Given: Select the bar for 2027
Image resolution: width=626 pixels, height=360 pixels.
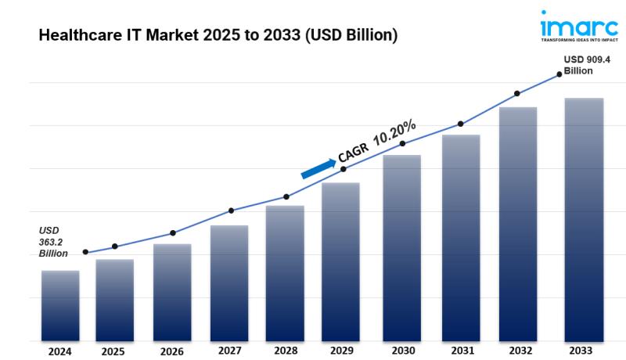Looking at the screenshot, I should tap(229, 283).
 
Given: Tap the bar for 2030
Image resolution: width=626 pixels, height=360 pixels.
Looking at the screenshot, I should tap(401, 248).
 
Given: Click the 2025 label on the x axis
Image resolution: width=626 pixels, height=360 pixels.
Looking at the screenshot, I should tap(113, 351).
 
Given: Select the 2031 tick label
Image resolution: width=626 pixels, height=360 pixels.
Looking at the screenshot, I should tap(460, 351).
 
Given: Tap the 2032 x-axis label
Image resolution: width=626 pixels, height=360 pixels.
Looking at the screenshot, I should tap(518, 351).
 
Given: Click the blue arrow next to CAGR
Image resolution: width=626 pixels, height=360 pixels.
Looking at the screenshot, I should tap(318, 168).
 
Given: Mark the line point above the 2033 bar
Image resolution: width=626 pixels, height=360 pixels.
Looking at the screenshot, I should tap(559, 74).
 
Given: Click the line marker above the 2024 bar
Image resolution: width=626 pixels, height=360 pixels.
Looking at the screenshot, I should tap(85, 252).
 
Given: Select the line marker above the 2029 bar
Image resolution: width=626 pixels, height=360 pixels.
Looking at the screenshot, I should tap(344, 169).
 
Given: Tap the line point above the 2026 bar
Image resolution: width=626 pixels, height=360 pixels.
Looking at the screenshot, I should tap(173, 232).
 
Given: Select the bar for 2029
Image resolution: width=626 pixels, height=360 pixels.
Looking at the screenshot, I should tap(340, 262).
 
